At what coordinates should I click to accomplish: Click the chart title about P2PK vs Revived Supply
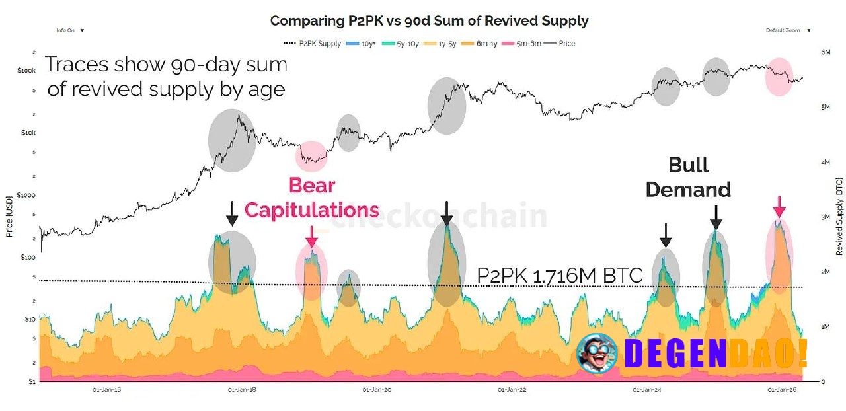pos(429,20)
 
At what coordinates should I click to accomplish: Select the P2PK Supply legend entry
pos(312,44)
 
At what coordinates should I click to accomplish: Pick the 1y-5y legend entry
pos(448,44)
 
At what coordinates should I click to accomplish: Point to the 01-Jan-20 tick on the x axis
pos(378,390)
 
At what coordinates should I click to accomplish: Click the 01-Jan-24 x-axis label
pos(646,390)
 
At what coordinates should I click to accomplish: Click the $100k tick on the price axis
pos(26,70)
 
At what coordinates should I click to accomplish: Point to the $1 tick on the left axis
pos(31,382)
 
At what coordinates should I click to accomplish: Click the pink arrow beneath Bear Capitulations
pos(311,235)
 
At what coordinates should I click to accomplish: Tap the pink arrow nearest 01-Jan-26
pos(780,207)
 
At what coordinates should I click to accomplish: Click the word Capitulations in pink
pos(311,210)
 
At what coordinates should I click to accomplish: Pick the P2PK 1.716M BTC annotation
pos(559,276)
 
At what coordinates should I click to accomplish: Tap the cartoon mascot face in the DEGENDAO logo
pos(597,352)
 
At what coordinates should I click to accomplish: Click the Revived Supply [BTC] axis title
pos(839,216)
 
